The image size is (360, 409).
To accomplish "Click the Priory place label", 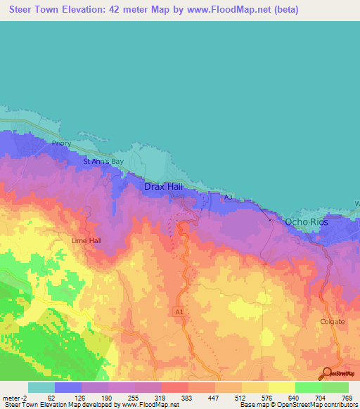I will click(62, 143).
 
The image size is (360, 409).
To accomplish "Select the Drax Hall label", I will click(167, 187).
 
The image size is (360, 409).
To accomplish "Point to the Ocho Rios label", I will click(307, 222).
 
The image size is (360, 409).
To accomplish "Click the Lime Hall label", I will click(87, 240).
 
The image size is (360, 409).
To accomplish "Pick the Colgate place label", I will click(333, 322).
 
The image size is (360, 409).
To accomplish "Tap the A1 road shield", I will click(179, 309).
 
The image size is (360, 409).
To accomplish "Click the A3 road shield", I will click(228, 197).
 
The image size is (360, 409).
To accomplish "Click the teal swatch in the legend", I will click(41, 387).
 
